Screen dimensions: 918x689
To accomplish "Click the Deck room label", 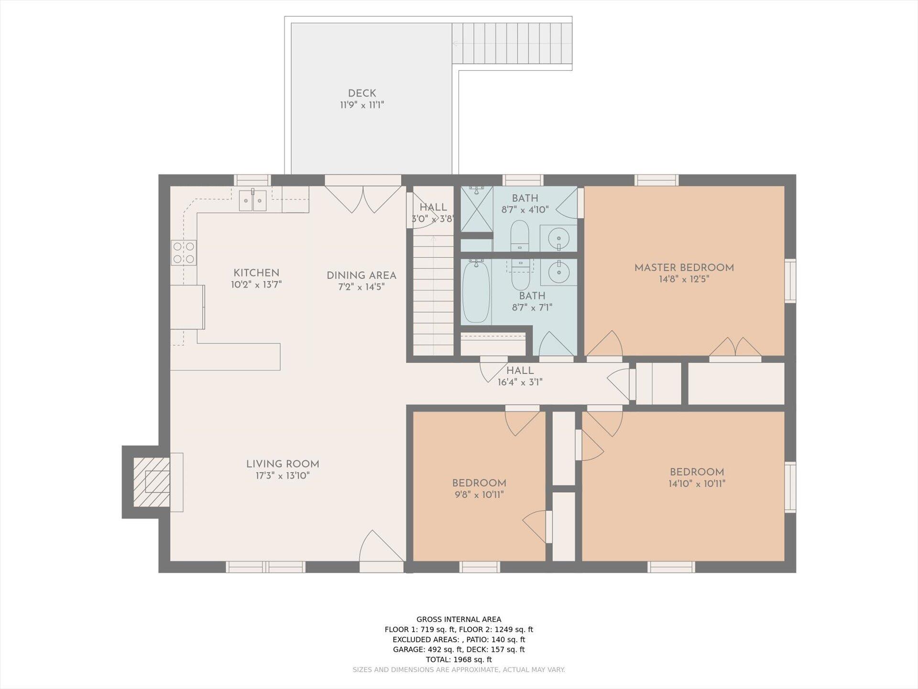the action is (x=362, y=93).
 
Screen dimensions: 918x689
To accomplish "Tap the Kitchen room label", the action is (x=256, y=273).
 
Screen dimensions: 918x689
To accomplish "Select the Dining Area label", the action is (x=361, y=276).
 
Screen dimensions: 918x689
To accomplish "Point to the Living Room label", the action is (x=283, y=464).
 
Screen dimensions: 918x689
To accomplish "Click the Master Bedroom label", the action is (x=684, y=268).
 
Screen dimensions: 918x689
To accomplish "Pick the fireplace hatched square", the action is (x=152, y=482).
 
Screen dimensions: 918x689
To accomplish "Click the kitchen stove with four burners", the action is (x=184, y=253).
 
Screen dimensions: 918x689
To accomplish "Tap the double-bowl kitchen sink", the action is (x=252, y=200).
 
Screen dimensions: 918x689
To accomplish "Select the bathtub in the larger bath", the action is (x=476, y=291).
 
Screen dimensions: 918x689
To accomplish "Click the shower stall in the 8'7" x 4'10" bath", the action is (x=477, y=209).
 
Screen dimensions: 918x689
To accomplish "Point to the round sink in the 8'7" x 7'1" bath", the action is (x=558, y=272).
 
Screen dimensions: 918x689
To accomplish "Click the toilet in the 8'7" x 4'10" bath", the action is (x=520, y=235).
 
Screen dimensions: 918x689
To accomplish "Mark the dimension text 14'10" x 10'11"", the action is (x=697, y=484).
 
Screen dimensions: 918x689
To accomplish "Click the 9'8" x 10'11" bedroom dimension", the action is (x=479, y=495).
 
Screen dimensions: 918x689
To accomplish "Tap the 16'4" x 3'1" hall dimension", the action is (x=520, y=382).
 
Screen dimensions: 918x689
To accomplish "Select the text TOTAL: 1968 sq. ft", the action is (x=459, y=659).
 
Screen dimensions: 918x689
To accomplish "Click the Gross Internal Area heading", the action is (x=459, y=620).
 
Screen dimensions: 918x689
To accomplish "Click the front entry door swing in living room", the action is (x=381, y=545).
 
